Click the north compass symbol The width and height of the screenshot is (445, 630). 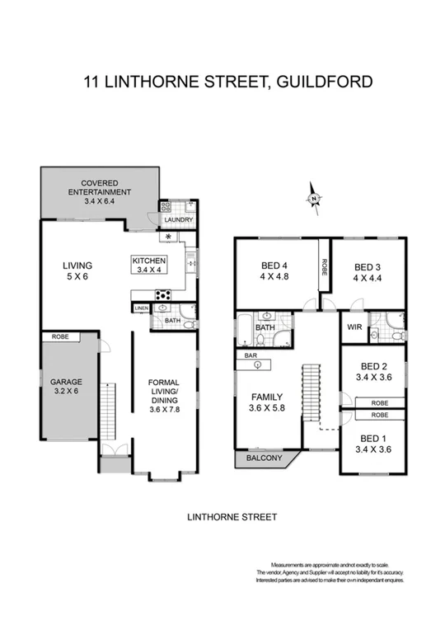[314, 199]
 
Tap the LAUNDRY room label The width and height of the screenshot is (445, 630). [179, 220]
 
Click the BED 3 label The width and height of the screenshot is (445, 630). [368, 272]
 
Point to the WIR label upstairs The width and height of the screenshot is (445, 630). [354, 327]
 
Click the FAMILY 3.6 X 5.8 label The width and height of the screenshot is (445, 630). [265, 401]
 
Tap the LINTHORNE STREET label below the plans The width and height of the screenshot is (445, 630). [232, 517]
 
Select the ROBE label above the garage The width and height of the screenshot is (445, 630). [60, 337]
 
